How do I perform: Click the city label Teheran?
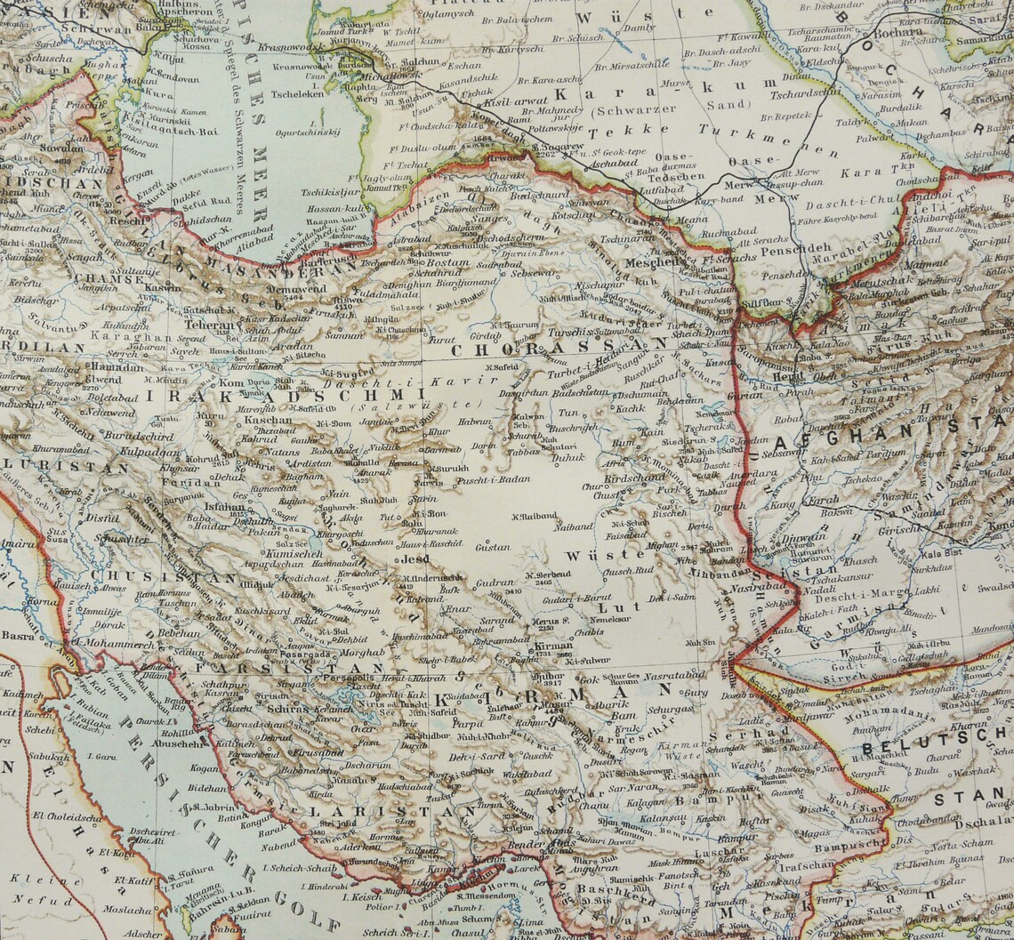(212, 325)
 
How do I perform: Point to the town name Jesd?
(415, 560)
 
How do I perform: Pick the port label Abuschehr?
(179, 743)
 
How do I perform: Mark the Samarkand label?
(982, 42)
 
